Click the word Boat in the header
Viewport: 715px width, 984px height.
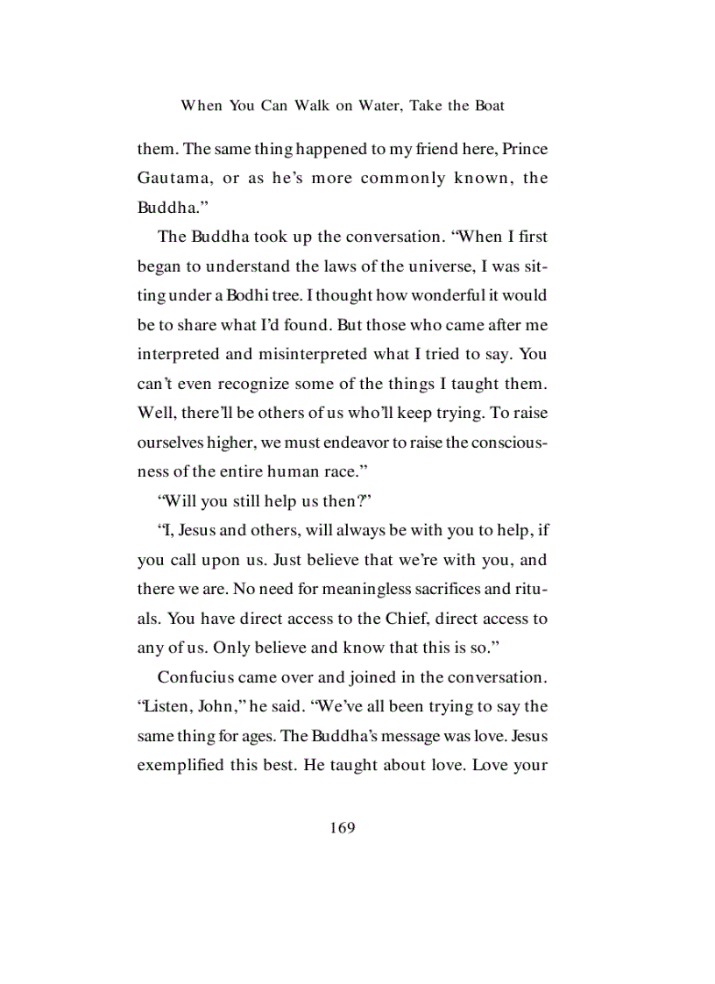coord(489,106)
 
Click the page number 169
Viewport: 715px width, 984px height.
coord(343,827)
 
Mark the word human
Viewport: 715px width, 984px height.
coord(280,472)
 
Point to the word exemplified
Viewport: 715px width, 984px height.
coord(185,766)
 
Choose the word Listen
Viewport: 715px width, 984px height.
coord(161,707)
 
